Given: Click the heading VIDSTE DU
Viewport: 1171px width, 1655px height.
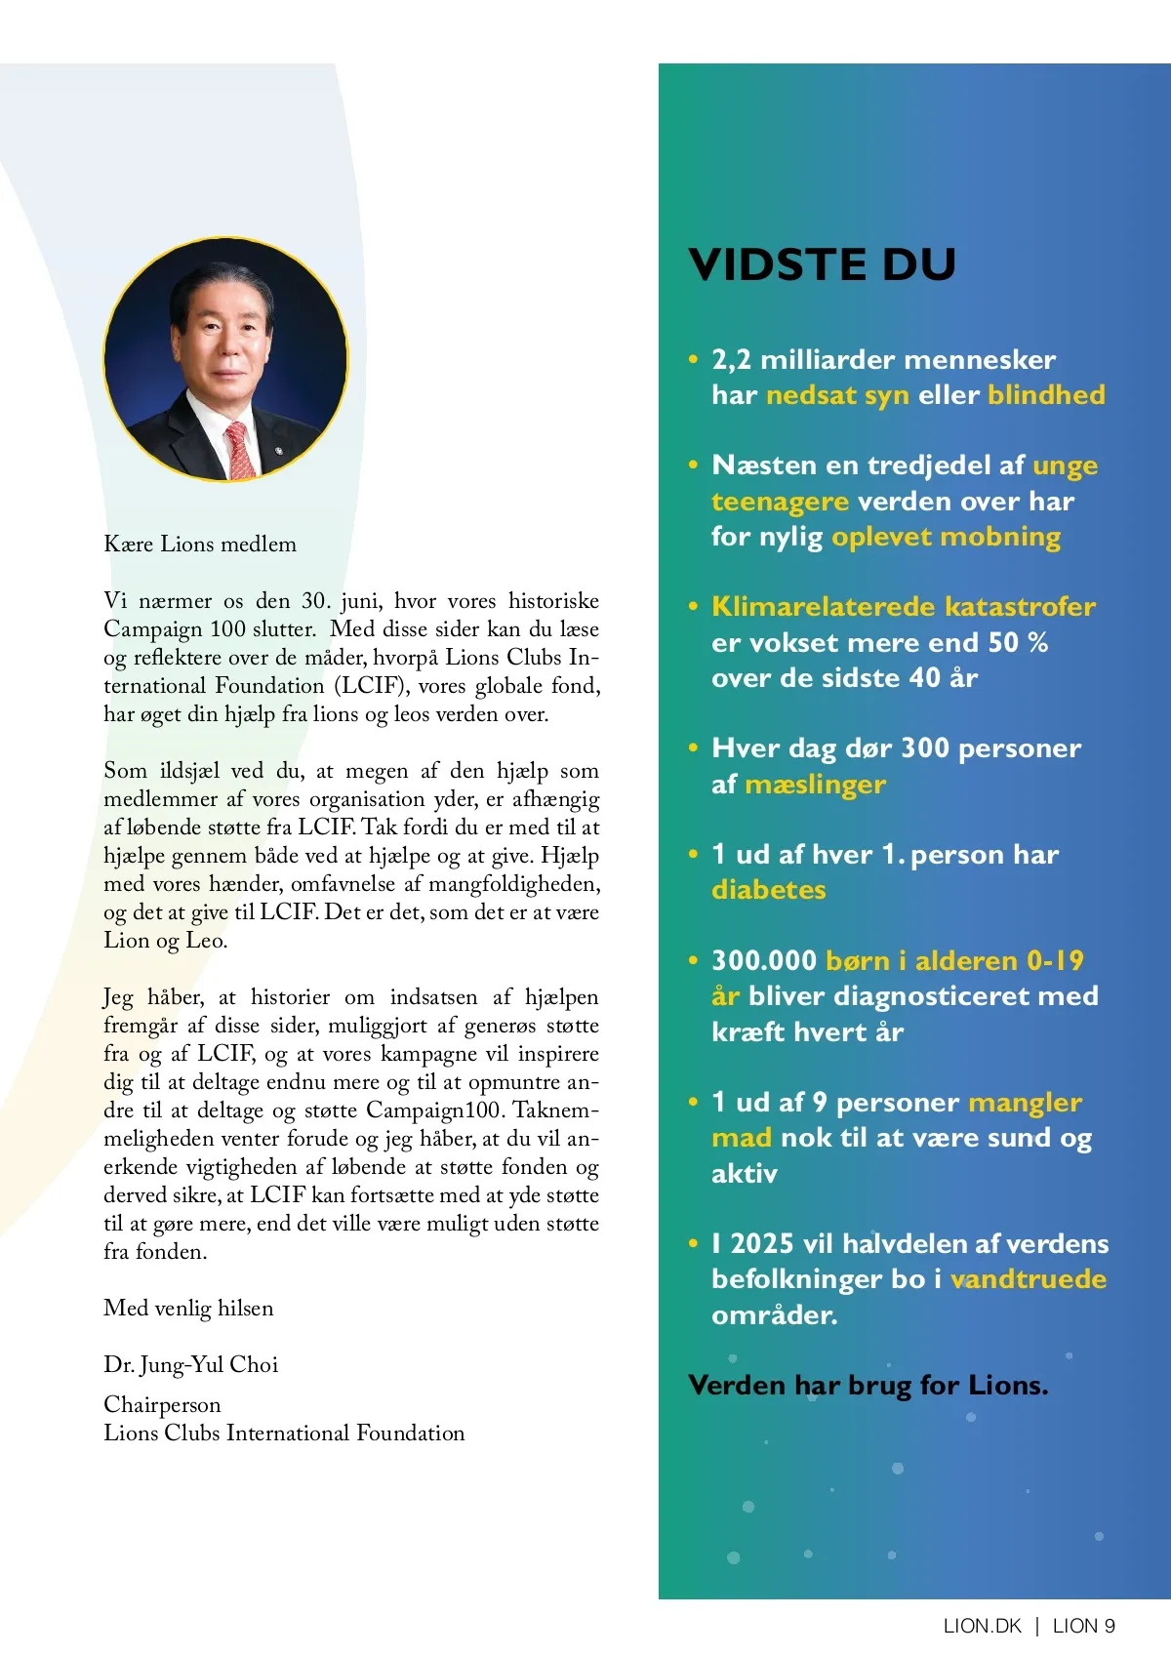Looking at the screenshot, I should [x=822, y=264].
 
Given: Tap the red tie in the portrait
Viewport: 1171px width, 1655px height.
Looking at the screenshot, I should [x=240, y=450].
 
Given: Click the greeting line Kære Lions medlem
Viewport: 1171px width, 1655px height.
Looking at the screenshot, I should [x=200, y=545].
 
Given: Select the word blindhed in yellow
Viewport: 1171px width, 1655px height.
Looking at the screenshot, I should [x=1046, y=395].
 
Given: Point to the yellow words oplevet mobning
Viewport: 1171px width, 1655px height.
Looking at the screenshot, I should [x=946, y=537].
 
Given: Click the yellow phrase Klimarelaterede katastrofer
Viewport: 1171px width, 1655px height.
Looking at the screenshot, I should [x=904, y=607].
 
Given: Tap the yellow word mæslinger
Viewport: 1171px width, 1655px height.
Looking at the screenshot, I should [x=815, y=785].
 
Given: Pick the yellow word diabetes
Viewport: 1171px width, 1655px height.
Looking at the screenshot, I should [x=769, y=890].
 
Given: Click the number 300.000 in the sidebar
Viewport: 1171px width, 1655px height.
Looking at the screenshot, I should [x=764, y=961].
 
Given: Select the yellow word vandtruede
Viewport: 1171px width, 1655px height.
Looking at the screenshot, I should [x=1029, y=1279].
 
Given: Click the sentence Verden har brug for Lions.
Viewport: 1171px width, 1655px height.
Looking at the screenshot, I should [x=868, y=1386].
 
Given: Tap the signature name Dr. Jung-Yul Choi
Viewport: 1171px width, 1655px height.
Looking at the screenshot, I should [x=191, y=1365].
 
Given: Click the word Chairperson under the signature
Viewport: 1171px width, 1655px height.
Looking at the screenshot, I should [x=162, y=1405].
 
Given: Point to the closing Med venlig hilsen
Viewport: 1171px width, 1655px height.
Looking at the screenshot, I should [x=188, y=1309].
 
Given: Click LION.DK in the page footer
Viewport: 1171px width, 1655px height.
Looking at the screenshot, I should [x=982, y=1626].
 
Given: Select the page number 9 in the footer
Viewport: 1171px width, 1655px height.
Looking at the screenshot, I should [x=1109, y=1626].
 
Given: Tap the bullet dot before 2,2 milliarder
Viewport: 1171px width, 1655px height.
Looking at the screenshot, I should [x=694, y=360].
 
